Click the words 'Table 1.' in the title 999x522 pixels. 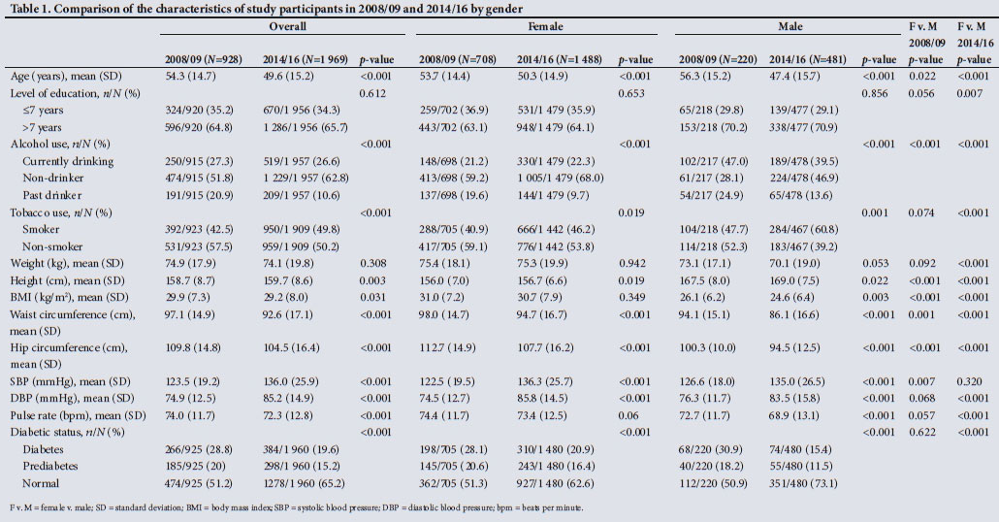coord(29,9)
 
